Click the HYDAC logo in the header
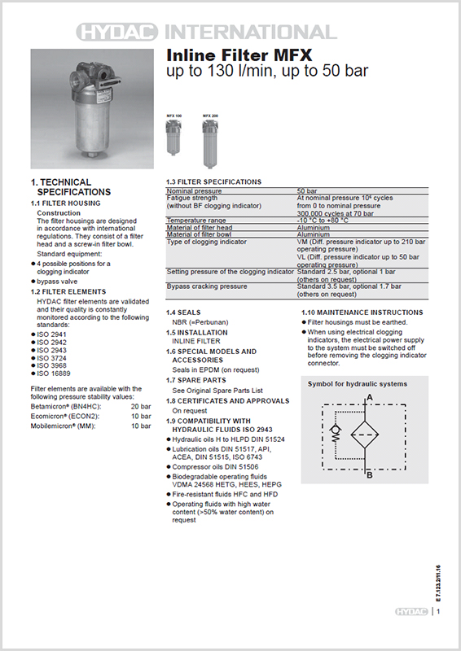click(x=120, y=32)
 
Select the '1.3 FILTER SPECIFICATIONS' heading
click(x=214, y=181)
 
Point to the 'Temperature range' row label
click(x=196, y=220)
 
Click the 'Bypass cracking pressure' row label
click(x=207, y=286)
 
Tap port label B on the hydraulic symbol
click(x=371, y=474)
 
